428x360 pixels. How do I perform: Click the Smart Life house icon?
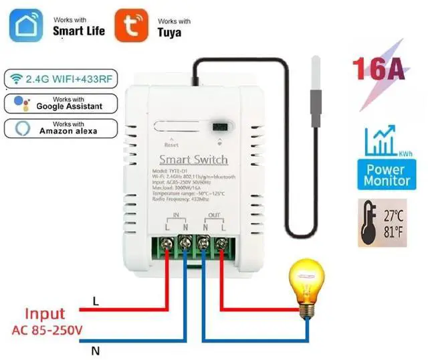[x=26, y=26]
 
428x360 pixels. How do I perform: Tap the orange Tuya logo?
[x=132, y=26]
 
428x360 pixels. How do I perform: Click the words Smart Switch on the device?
[x=193, y=159]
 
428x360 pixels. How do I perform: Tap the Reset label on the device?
[x=172, y=145]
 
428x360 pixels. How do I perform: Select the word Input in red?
[x=45, y=313]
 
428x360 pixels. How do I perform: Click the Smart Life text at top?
[x=79, y=31]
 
